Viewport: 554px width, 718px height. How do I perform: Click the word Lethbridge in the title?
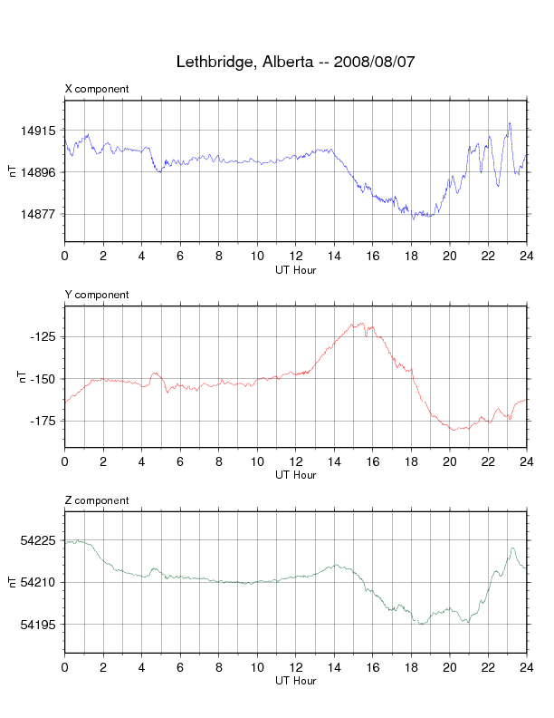(x=215, y=63)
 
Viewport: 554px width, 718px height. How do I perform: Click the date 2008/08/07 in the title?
(x=375, y=63)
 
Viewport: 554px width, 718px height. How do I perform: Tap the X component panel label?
(x=97, y=89)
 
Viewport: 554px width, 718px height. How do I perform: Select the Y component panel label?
(x=97, y=295)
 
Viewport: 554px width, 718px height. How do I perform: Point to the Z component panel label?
(x=97, y=500)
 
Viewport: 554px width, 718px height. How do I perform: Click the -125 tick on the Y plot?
(x=44, y=336)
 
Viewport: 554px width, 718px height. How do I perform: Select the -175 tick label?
(x=44, y=421)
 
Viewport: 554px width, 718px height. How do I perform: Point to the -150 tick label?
(x=44, y=379)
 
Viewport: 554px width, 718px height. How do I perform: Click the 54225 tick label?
(x=41, y=540)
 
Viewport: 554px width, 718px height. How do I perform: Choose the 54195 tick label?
(x=41, y=625)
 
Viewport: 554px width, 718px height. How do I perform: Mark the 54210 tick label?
(x=41, y=582)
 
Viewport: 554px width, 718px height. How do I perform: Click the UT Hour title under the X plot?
(x=295, y=269)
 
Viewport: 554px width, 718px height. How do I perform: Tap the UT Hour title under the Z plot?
(x=295, y=681)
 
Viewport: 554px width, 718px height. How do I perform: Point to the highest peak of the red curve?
(x=361, y=323)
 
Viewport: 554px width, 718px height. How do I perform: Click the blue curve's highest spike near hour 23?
(x=510, y=123)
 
